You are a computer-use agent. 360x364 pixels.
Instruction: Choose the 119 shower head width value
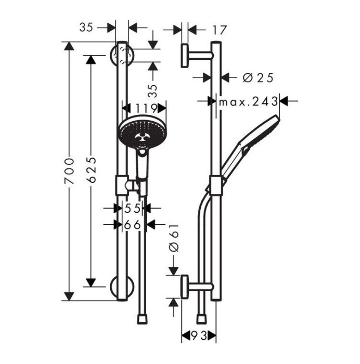click(x=146, y=108)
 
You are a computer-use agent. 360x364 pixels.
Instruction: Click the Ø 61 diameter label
click(x=174, y=240)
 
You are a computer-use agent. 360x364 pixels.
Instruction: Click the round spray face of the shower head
click(x=139, y=135)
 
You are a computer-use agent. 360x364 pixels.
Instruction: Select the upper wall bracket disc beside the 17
click(x=185, y=55)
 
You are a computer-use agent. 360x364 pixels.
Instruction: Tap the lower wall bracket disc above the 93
click(x=185, y=287)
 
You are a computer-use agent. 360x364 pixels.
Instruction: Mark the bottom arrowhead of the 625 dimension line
click(x=92, y=282)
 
